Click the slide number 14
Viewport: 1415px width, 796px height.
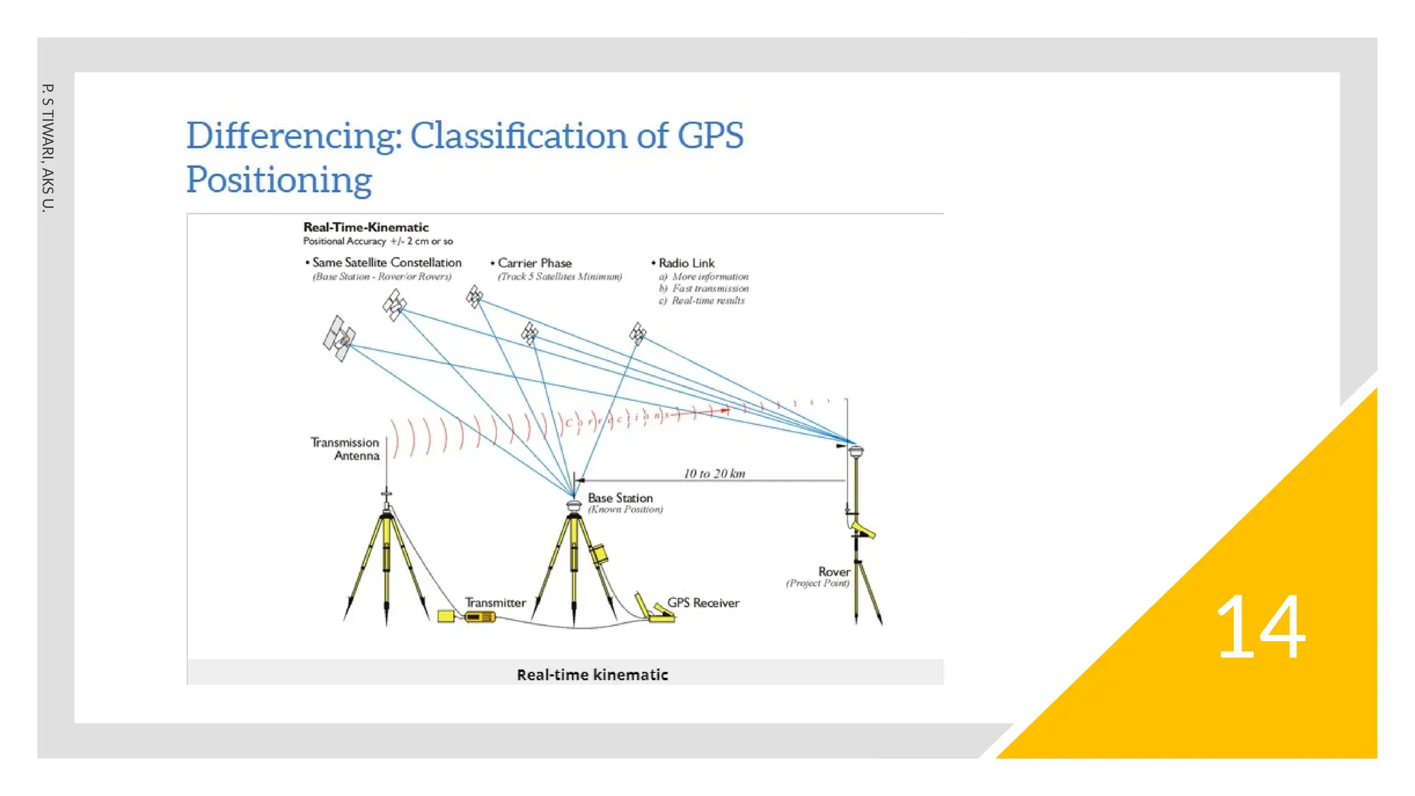[1260, 627]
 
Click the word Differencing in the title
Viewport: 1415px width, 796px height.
[293, 135]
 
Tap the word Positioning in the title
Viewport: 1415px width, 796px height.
[279, 180]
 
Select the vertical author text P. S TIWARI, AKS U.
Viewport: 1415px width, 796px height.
[47, 147]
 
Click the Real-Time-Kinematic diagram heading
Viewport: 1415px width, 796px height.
[365, 227]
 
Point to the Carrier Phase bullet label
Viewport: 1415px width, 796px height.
[534, 263]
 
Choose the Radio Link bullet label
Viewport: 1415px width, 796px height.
[686, 263]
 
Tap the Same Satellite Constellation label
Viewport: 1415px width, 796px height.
[386, 263]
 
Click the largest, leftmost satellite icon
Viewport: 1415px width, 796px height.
[339, 338]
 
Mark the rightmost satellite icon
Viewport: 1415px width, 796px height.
[638, 334]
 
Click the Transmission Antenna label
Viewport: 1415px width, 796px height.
[345, 449]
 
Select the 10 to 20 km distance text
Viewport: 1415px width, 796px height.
[714, 473]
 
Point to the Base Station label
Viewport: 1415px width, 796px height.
[620, 498]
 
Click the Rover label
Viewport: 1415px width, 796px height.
[834, 572]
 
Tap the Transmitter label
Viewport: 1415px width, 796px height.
[495, 603]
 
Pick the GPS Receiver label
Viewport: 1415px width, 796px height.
[703, 603]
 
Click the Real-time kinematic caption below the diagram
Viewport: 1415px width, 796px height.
[592, 674]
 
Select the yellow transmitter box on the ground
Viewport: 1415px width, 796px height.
[479, 616]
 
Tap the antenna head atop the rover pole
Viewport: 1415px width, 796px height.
[856, 451]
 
